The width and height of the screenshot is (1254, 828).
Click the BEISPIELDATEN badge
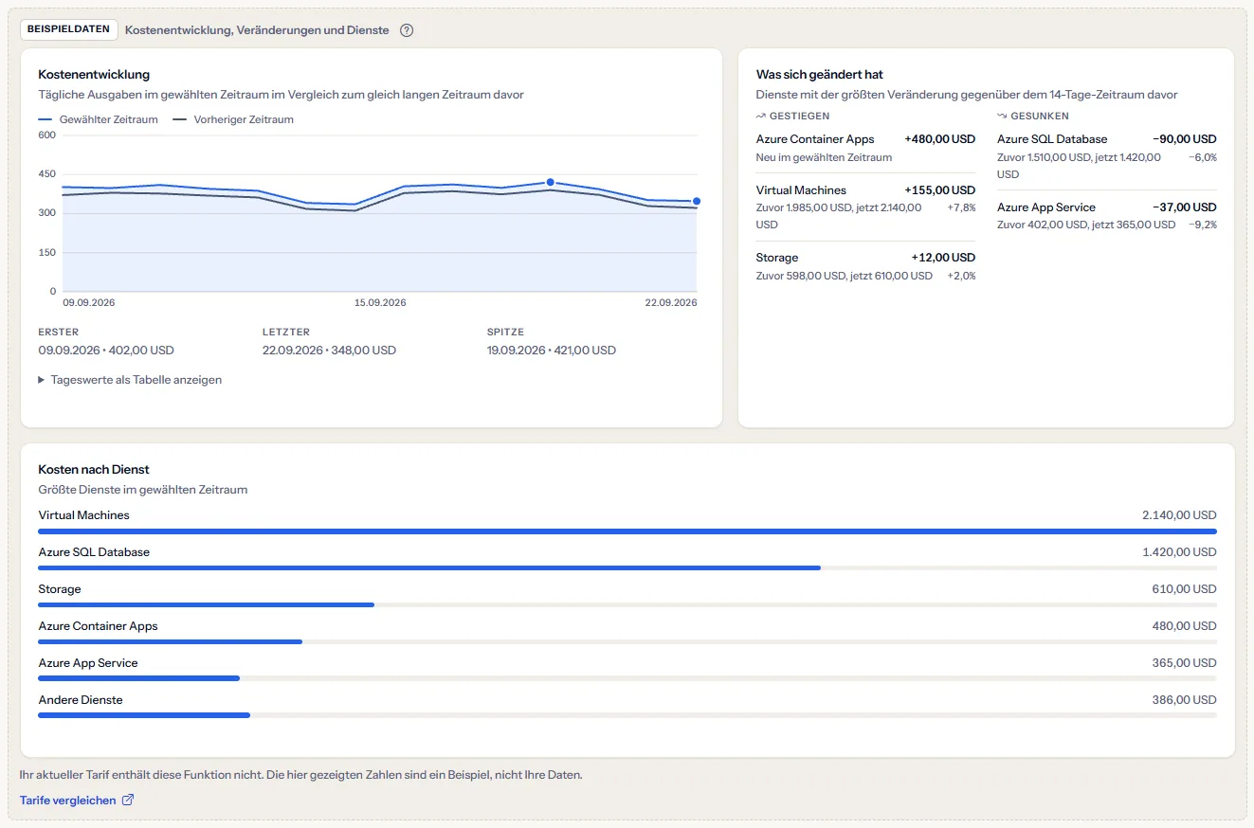pyautogui.click(x=69, y=29)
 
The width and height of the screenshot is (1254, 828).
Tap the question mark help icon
pyautogui.click(x=407, y=30)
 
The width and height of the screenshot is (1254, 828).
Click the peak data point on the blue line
pyautogui.click(x=551, y=182)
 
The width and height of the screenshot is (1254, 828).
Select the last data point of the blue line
pyautogui.click(x=697, y=201)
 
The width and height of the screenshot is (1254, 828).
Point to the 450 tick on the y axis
pyautogui.click(x=47, y=174)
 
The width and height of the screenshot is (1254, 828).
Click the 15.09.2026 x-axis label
pyautogui.click(x=380, y=302)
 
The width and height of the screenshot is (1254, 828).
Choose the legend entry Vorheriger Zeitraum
pyautogui.click(x=233, y=119)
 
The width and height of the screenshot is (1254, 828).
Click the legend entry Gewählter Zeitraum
pyautogui.click(x=98, y=119)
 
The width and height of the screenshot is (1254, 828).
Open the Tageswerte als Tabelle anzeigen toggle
pyautogui.click(x=130, y=380)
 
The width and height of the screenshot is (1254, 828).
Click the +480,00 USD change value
pyautogui.click(x=940, y=139)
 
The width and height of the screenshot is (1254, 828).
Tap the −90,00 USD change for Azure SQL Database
pyautogui.click(x=1185, y=139)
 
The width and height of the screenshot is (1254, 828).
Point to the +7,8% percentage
pyautogui.click(x=961, y=207)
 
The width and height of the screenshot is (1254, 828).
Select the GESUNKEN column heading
pyautogui.click(x=1033, y=116)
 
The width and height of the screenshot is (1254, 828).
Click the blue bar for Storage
pyautogui.click(x=206, y=604)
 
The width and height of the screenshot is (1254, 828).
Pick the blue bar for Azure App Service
pyautogui.click(x=138, y=678)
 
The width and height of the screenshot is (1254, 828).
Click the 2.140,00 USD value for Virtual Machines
pyautogui.click(x=1179, y=515)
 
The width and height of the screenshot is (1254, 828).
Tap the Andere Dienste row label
pyautogui.click(x=81, y=700)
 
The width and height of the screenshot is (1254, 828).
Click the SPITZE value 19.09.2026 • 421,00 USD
pyautogui.click(x=552, y=351)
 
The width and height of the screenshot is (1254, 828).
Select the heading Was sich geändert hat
pyautogui.click(x=819, y=75)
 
